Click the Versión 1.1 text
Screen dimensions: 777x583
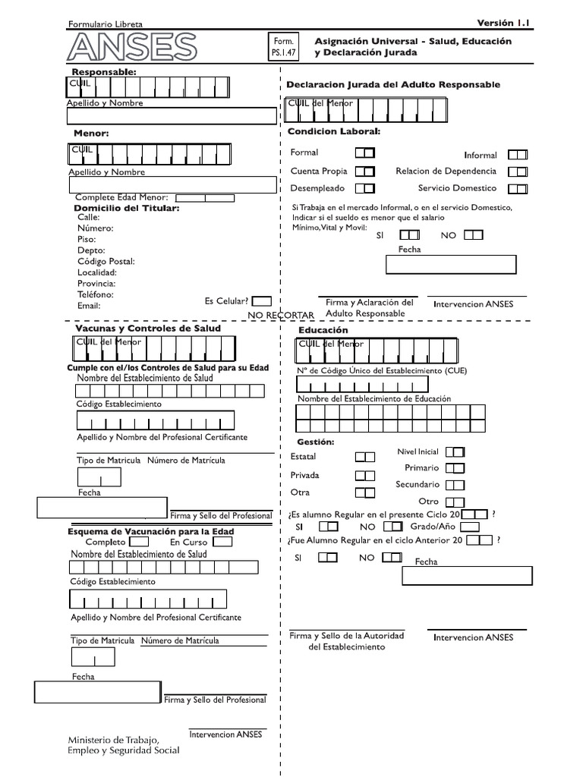[x=503, y=24]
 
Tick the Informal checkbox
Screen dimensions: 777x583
[x=518, y=155]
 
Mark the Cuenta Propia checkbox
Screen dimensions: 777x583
[x=364, y=172]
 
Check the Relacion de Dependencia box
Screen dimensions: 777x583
[x=518, y=172]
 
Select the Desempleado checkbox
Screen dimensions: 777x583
[x=364, y=189]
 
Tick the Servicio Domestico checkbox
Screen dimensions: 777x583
[x=518, y=189]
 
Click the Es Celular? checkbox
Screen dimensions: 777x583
[x=261, y=301]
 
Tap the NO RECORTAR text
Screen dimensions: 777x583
[x=280, y=315]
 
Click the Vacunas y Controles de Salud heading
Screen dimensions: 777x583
[x=148, y=329]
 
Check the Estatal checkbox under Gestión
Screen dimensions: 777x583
[x=365, y=457]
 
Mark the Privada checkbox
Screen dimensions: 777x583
[x=365, y=476]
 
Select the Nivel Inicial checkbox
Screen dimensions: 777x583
[x=455, y=452]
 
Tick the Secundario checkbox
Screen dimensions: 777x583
[x=455, y=485]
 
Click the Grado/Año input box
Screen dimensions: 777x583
[x=469, y=527]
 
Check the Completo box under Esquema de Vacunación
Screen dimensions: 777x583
[x=139, y=543]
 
